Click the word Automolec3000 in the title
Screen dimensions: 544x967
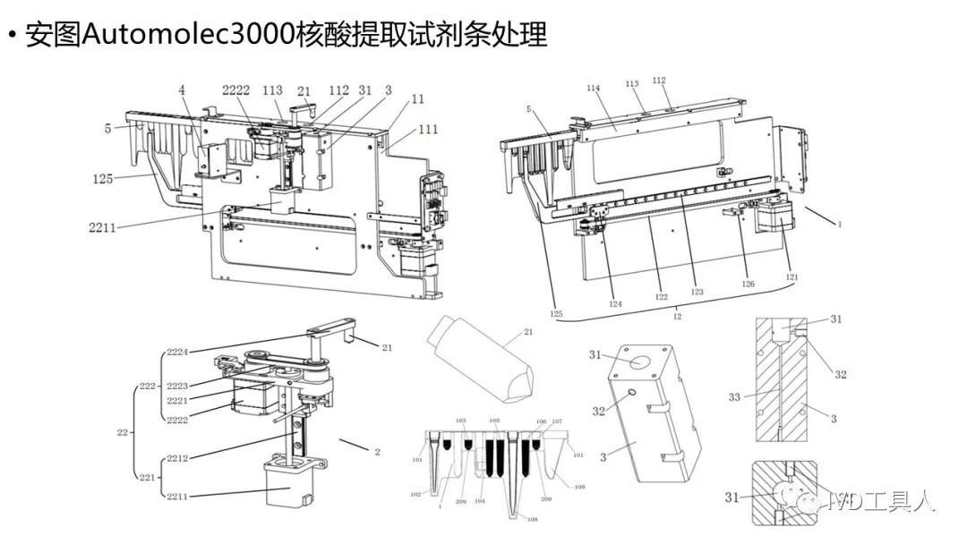[196, 36]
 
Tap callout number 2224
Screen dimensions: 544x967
[177, 353]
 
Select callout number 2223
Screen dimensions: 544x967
[177, 386]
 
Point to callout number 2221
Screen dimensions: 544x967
[177, 401]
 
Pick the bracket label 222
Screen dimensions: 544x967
[145, 386]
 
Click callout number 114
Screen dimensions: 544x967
[593, 88]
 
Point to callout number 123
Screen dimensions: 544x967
[697, 292]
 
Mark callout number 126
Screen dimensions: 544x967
[749, 285]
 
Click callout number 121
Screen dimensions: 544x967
[792, 277]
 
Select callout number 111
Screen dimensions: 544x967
[428, 130]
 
